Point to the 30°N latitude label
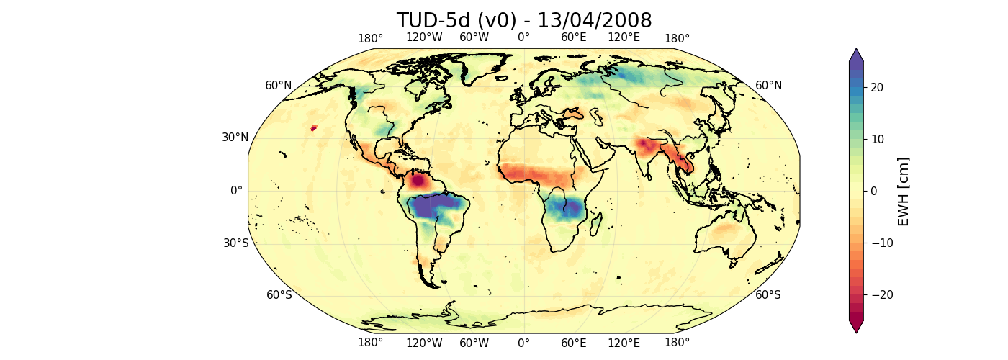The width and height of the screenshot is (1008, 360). (234, 138)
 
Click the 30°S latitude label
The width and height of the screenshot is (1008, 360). (235, 243)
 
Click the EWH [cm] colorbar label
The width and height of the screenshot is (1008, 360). (904, 191)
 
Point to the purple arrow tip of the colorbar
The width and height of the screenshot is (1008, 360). (855, 55)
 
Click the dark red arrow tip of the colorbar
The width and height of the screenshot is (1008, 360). (855, 327)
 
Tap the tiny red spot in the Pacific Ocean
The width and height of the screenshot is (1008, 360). (313, 128)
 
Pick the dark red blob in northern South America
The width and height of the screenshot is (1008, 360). (420, 181)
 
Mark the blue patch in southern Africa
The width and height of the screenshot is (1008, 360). (564, 209)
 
